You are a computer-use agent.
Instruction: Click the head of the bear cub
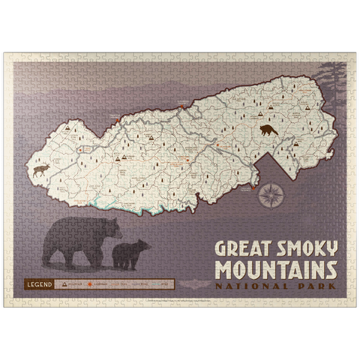point(143,246)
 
